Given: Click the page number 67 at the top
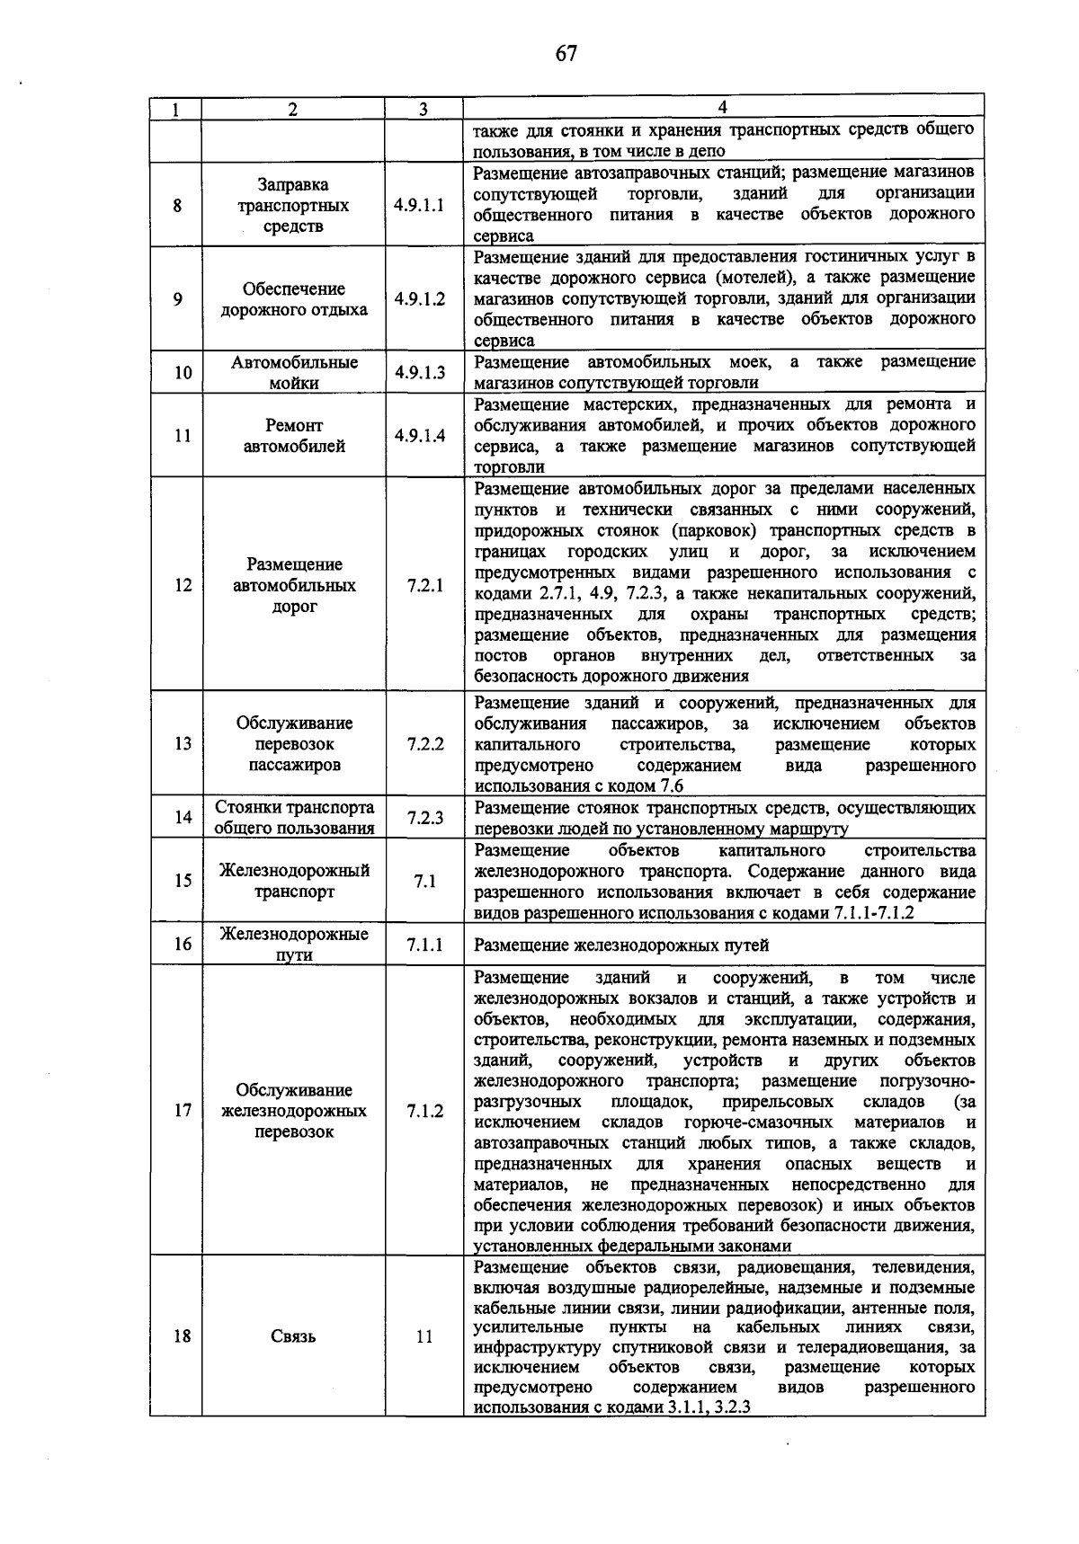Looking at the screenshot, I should (x=566, y=53).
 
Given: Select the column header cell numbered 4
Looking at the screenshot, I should (x=723, y=108).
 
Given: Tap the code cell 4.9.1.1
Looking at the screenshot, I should (x=419, y=205).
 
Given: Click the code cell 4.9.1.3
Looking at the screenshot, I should (x=419, y=372).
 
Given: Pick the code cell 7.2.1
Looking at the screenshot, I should (x=424, y=585).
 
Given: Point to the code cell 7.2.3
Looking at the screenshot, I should (x=424, y=817).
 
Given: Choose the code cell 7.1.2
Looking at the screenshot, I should (x=424, y=1111).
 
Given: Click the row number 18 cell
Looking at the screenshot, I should (x=183, y=1335).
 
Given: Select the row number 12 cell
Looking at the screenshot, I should (x=183, y=585).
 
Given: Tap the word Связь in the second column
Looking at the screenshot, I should (x=293, y=1336).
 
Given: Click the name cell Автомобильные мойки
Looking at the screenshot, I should (x=294, y=372).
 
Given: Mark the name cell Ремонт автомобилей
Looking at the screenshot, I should (x=294, y=436).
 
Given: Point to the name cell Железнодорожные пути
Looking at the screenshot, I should (x=294, y=945).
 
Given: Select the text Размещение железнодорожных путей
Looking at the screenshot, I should (x=621, y=945).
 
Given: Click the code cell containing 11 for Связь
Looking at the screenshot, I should (x=424, y=1336).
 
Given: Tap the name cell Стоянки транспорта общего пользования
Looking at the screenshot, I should (x=294, y=817).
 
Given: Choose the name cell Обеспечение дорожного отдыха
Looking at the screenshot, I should (x=294, y=299).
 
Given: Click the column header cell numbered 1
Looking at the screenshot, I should (x=175, y=110).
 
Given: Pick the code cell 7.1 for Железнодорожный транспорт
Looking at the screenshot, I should (x=424, y=882).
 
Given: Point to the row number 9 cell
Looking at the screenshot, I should (x=178, y=299).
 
